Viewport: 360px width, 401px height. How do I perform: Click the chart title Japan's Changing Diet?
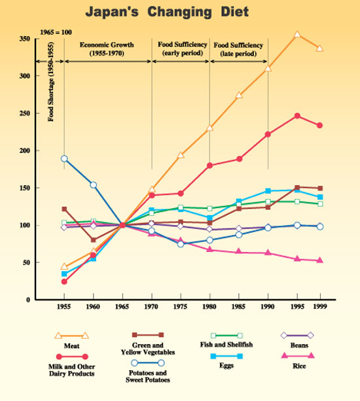167,12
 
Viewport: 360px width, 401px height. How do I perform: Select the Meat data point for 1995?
297,34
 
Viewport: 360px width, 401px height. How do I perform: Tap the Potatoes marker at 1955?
64,158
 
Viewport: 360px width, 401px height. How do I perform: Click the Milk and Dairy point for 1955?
64,281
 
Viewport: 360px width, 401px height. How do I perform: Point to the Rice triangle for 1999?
320,260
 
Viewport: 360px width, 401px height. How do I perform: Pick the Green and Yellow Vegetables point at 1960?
94,240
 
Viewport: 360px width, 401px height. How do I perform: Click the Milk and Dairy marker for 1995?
297,116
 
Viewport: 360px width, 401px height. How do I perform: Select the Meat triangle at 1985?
239,95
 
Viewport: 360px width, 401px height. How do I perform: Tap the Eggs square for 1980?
210,218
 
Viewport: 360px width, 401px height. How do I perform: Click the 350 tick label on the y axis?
25,39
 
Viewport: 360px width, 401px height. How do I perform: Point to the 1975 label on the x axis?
181,306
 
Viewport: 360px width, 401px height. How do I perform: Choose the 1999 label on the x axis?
320,306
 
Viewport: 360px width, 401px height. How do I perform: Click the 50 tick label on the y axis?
27,262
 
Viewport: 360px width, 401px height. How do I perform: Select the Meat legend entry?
71,340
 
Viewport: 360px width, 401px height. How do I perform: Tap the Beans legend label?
299,345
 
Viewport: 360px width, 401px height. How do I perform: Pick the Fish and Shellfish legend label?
226,345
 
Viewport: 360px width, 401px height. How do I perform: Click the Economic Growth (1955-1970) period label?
107,49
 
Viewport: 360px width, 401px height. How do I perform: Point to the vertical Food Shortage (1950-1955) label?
51,82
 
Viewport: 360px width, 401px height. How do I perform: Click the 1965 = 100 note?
56,33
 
